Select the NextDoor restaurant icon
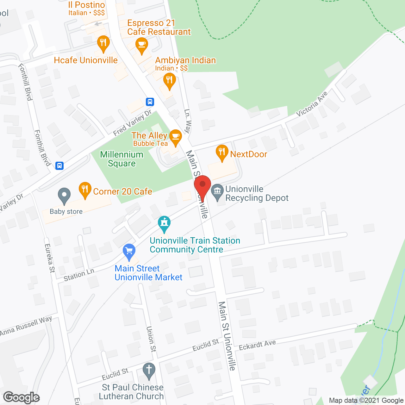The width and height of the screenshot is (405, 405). tap(222, 153)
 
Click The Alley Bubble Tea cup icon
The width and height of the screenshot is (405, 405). tap(175, 137)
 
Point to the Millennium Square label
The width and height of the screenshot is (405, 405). tap(122, 159)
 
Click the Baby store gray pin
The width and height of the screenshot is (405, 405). tap(64, 196)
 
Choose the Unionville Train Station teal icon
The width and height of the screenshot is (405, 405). tap(164, 223)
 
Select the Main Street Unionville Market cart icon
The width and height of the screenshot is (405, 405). tap(129, 252)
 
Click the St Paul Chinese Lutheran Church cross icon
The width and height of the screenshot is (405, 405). tap(149, 370)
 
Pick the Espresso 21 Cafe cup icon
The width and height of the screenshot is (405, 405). tap(141, 45)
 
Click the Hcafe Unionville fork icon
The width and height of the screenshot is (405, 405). tap(103, 43)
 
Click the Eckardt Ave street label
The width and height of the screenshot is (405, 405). tap(257, 345)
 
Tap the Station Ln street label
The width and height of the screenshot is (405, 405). tap(79, 275)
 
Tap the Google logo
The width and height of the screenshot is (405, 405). tap(22, 397)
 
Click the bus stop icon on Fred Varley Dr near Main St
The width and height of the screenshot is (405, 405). tap(150, 102)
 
